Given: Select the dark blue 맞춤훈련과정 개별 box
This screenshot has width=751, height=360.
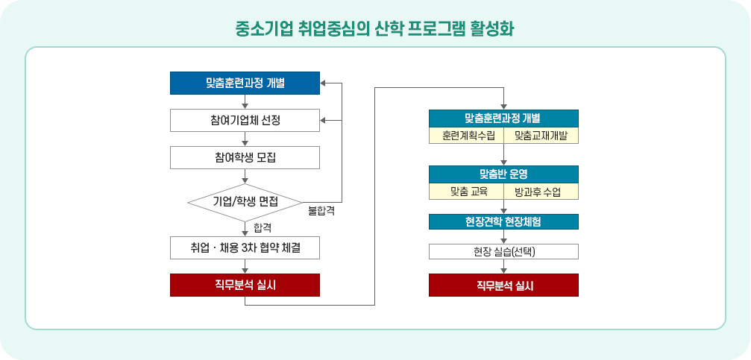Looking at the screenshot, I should click(x=245, y=83).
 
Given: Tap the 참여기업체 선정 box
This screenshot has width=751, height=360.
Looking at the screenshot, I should click(x=245, y=120).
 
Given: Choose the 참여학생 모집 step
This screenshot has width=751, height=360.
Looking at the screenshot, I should click(x=245, y=157).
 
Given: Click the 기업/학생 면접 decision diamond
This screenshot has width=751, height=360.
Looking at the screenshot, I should click(x=245, y=201).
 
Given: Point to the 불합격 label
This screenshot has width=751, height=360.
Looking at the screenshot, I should click(x=321, y=211).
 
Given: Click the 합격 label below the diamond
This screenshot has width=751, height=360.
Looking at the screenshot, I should click(x=262, y=226).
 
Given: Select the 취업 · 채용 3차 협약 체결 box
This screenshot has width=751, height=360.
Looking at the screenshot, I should click(x=245, y=247).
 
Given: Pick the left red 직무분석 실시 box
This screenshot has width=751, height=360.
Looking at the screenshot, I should click(x=245, y=285).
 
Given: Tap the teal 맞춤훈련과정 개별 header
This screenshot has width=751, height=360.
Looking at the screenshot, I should click(x=503, y=119).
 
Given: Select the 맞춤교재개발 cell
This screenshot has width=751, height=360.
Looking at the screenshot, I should click(x=541, y=136).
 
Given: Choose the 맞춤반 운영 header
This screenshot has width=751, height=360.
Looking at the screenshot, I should click(x=503, y=174).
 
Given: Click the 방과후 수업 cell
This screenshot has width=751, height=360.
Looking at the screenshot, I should click(x=541, y=192).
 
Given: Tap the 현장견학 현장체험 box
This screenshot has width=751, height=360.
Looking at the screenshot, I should click(x=503, y=221).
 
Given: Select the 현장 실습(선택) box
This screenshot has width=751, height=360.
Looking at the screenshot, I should click(x=503, y=251).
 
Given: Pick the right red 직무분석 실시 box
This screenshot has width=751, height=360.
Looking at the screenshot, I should click(x=503, y=285).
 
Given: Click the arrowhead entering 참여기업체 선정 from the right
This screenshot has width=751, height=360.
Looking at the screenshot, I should click(x=324, y=120).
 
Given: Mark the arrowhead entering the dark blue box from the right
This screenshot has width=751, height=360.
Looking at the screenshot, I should click(x=324, y=83).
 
